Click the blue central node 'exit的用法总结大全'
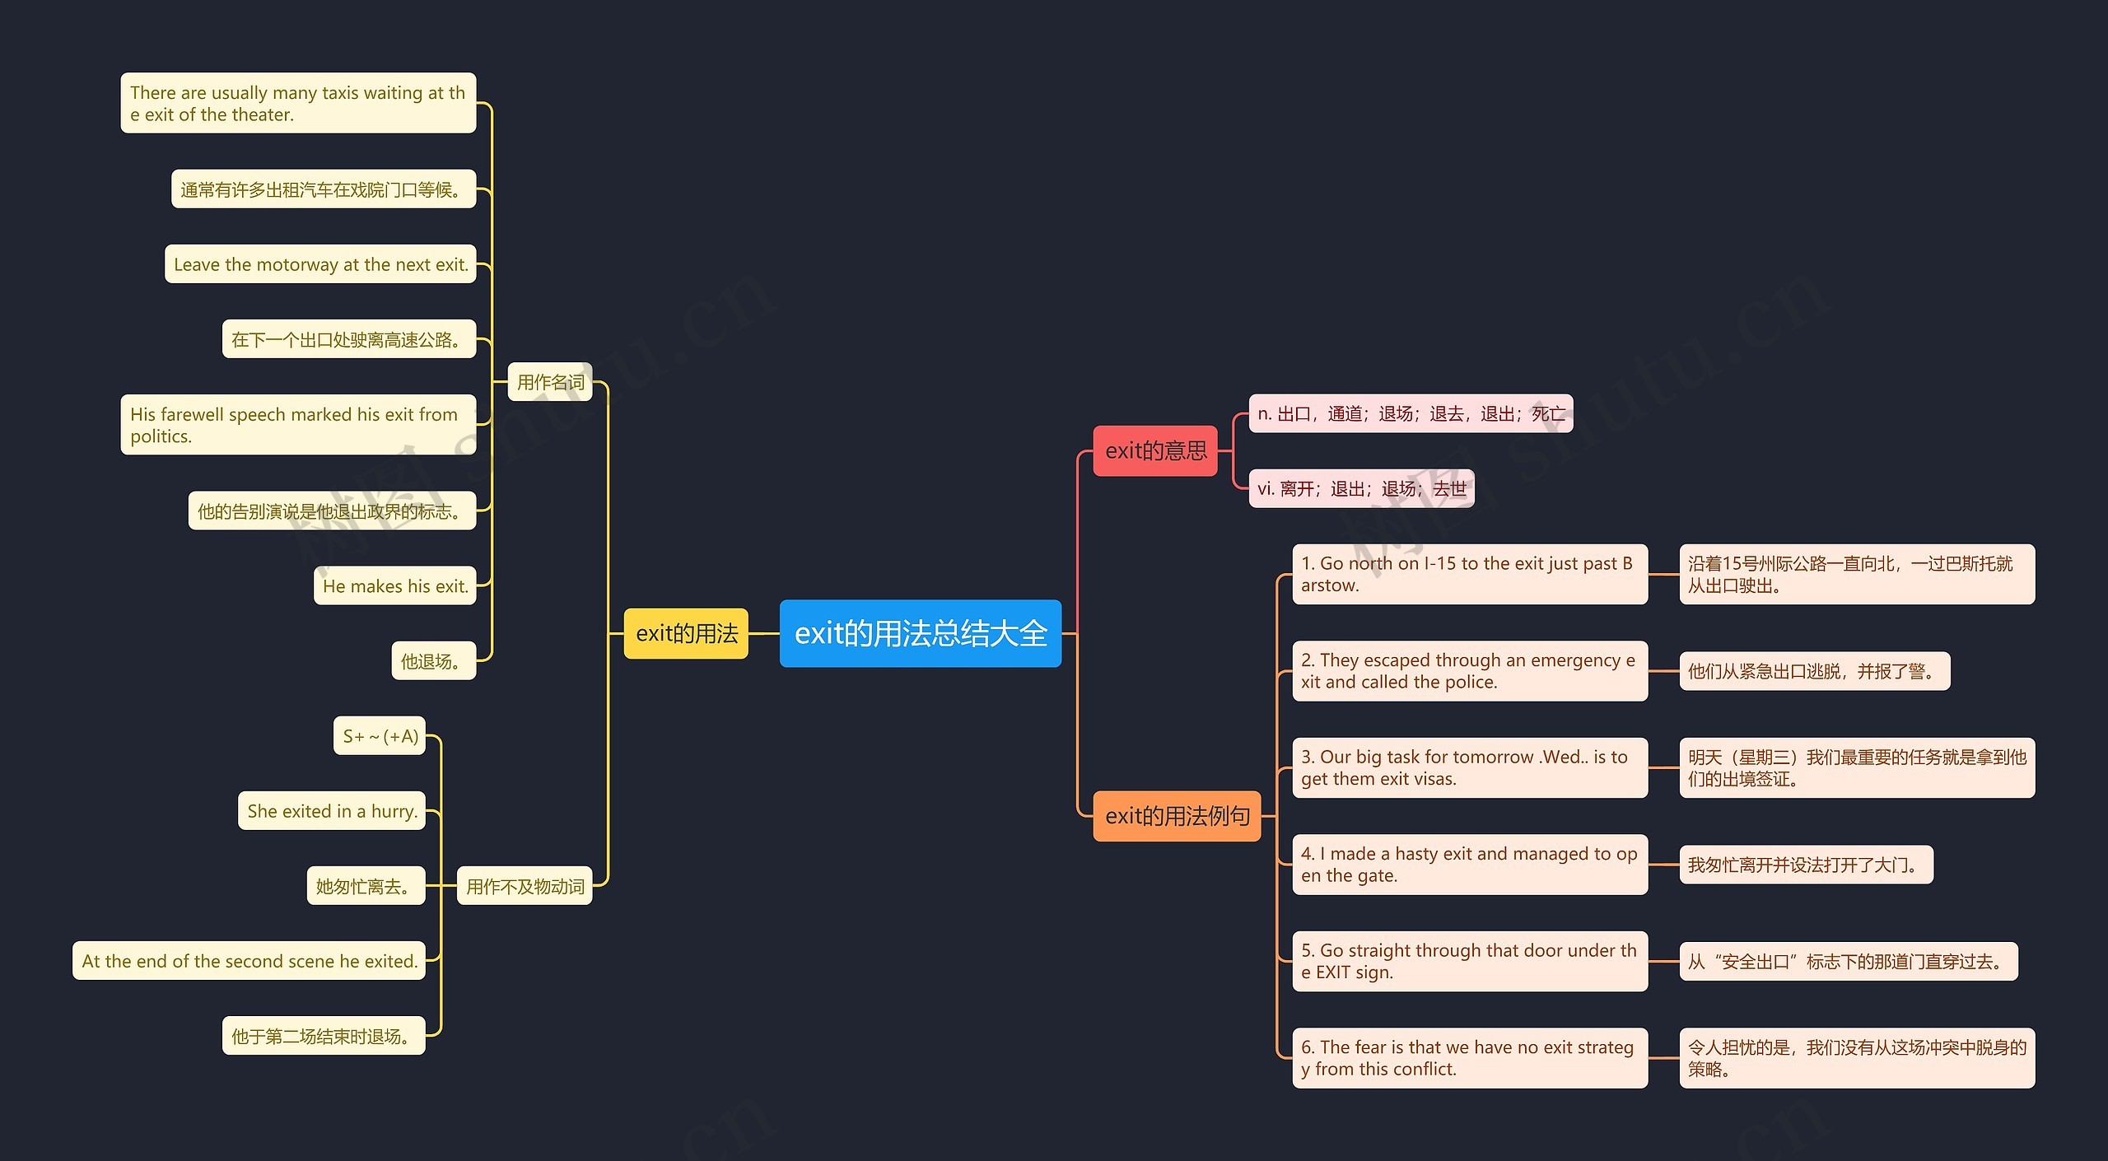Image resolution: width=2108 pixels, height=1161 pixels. click(x=920, y=633)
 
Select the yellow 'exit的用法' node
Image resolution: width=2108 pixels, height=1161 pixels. click(x=686, y=633)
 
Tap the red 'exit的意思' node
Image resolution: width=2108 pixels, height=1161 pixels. click(x=1154, y=450)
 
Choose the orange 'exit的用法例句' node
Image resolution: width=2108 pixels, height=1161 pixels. click(x=1177, y=816)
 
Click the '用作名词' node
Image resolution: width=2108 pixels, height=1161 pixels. click(x=550, y=382)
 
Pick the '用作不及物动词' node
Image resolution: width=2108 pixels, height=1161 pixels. click(x=525, y=886)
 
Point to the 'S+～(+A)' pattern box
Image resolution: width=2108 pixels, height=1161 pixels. click(x=380, y=736)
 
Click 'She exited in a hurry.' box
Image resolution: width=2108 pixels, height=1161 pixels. click(x=332, y=811)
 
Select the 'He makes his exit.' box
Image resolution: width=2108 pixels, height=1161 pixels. click(x=395, y=586)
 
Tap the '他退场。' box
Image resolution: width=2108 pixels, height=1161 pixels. click(x=433, y=661)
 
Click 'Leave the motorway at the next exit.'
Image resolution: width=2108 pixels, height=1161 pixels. click(x=320, y=264)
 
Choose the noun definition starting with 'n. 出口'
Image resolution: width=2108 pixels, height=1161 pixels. click(x=1411, y=413)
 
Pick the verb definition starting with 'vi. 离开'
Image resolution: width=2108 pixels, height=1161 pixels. click(x=1361, y=489)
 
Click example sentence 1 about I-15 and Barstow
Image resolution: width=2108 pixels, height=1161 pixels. click(x=1470, y=574)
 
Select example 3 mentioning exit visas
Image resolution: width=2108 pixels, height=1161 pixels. click(x=1470, y=767)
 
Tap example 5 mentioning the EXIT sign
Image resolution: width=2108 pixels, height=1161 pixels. click(x=1470, y=961)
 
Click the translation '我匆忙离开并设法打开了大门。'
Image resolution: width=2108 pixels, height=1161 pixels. click(x=1806, y=865)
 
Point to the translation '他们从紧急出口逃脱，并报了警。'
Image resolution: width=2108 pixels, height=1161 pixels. click(x=1814, y=671)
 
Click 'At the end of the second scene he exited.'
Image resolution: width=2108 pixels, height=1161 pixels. click(x=250, y=961)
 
